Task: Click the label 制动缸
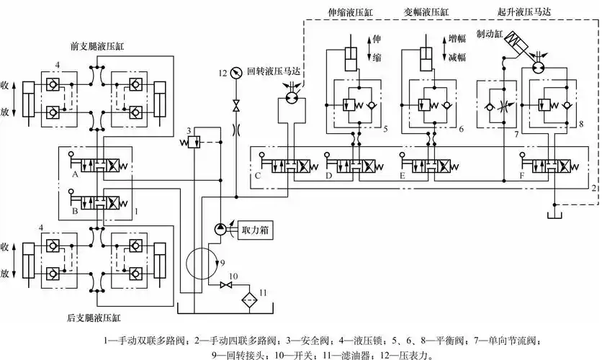click(x=489, y=34)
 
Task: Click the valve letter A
click(x=74, y=175)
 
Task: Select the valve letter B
click(x=74, y=212)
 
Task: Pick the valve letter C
click(x=258, y=175)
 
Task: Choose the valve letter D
click(x=329, y=175)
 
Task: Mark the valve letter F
click(x=521, y=175)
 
